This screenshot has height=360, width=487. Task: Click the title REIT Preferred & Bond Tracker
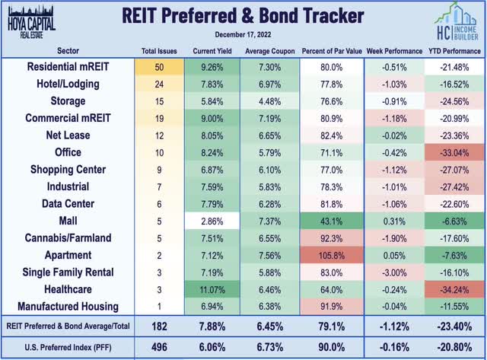tap(243, 15)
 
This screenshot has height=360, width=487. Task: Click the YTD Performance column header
tap(454, 50)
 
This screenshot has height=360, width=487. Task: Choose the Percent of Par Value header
tap(331, 50)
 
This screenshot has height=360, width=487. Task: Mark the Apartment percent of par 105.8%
tap(331, 256)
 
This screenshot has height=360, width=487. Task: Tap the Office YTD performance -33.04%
tap(454, 153)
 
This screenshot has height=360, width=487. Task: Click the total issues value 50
tap(160, 67)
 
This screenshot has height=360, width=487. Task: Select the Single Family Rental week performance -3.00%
tap(393, 272)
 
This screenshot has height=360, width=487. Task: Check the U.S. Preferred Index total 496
tap(160, 346)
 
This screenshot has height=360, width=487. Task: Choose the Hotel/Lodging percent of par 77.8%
tap(331, 84)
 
